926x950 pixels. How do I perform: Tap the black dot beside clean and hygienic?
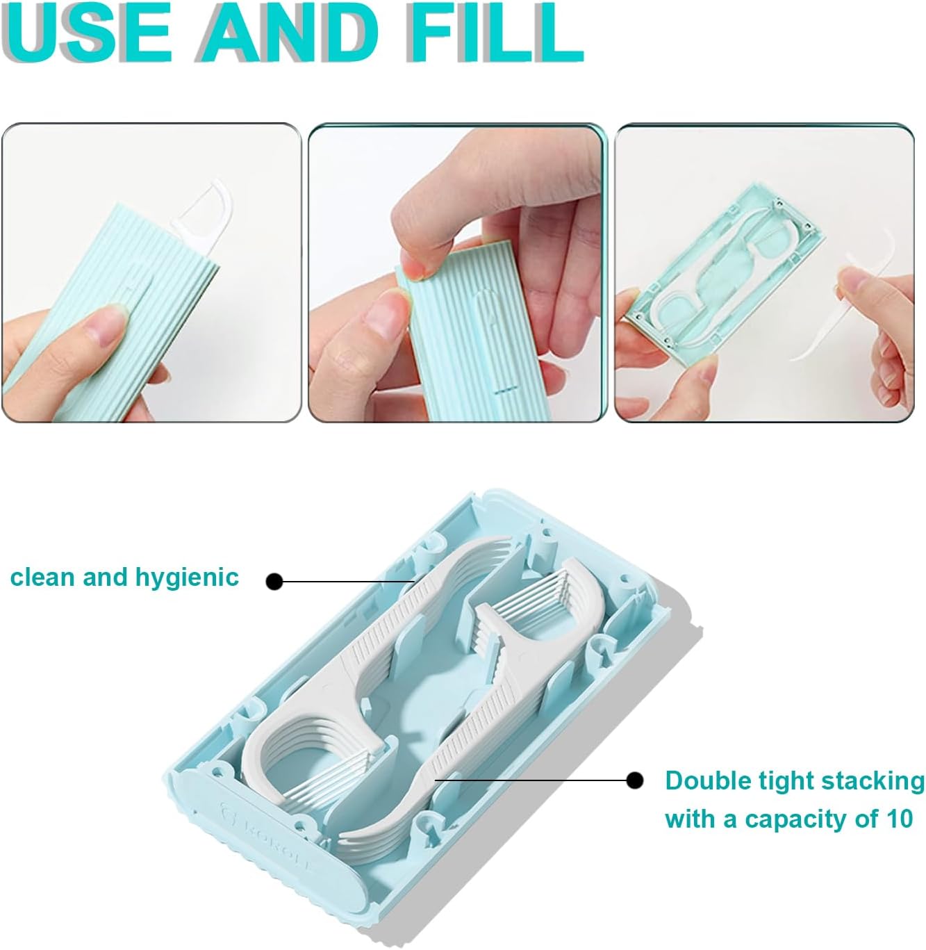click(x=275, y=581)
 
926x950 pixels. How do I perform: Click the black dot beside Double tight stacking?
click(x=634, y=780)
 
